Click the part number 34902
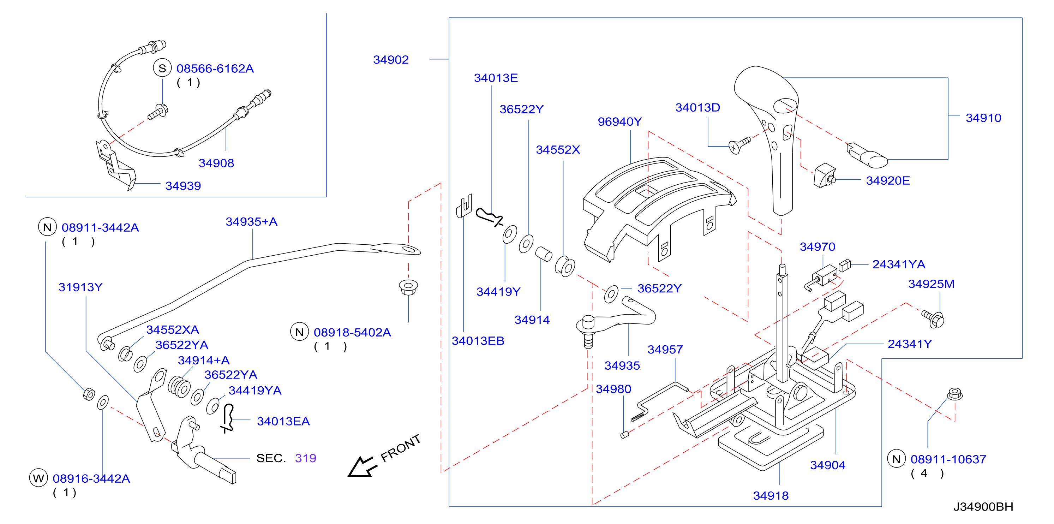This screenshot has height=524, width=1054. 391,60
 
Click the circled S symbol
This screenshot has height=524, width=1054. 162,69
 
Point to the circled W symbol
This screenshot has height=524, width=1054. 38,478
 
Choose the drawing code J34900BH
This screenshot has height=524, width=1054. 983,507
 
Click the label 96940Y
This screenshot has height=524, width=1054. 619,121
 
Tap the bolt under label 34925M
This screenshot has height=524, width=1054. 933,318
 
